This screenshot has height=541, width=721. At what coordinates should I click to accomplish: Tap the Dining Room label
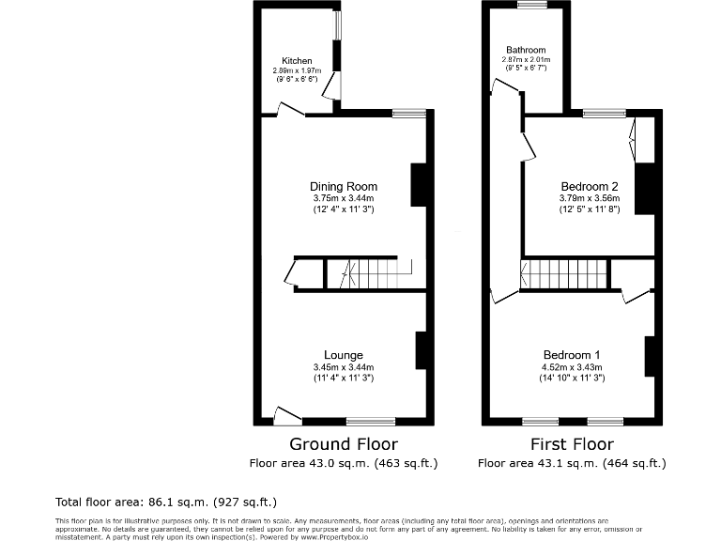click(344, 186)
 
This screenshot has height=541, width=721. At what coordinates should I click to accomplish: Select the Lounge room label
click(344, 355)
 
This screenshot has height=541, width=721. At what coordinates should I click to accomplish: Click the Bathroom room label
click(526, 50)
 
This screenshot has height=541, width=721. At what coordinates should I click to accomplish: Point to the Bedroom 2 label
click(588, 186)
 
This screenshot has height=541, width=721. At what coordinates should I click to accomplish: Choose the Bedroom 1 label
click(572, 355)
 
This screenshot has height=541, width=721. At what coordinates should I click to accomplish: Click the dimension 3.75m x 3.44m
click(344, 198)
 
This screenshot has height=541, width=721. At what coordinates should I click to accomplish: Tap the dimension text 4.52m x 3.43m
click(572, 367)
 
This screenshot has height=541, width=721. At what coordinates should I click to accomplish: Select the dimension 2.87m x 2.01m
click(526, 60)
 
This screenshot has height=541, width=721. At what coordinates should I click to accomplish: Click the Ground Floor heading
click(344, 444)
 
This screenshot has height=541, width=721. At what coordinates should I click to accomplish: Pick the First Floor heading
click(572, 444)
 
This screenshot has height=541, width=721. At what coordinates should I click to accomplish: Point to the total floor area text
click(167, 502)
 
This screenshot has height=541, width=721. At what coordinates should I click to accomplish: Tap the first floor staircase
click(563, 274)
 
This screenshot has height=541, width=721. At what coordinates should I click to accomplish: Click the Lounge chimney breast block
click(422, 349)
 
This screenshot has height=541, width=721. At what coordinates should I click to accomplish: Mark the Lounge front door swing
click(285, 414)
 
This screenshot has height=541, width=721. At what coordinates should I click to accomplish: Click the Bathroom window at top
click(531, 5)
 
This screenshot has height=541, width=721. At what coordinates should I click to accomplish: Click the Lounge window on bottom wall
click(370, 421)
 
